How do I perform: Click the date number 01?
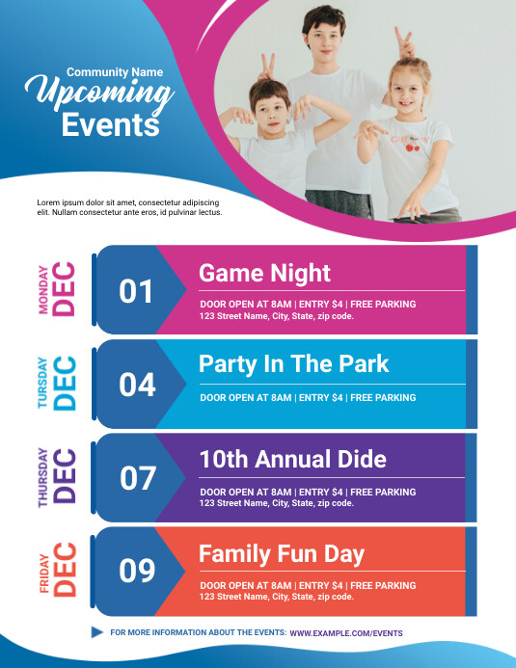click(136, 291)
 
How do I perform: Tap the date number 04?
click(137, 385)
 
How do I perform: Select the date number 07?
click(137, 478)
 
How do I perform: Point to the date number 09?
click(137, 572)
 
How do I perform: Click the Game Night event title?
click(264, 273)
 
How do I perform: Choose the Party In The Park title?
click(294, 363)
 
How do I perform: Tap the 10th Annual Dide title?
click(292, 459)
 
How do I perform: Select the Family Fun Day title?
click(282, 553)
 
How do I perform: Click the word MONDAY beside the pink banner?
click(42, 290)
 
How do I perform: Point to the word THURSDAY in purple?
click(42, 478)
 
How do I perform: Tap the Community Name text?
click(115, 71)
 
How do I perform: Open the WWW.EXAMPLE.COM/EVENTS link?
click(346, 633)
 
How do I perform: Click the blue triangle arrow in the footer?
click(96, 632)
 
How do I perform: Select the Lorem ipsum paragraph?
click(128, 206)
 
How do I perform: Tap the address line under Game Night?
click(276, 316)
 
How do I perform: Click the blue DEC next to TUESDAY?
click(65, 385)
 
